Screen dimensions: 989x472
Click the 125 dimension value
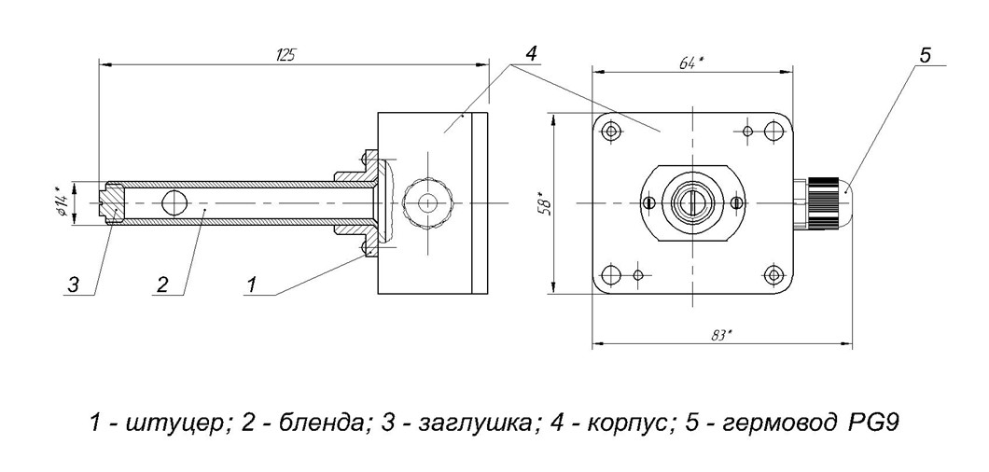click(x=286, y=55)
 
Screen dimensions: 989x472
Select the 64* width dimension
click(x=692, y=63)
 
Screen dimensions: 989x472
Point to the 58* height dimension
click(x=547, y=204)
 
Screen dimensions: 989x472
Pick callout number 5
click(x=924, y=56)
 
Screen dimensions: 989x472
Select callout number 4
click(x=531, y=54)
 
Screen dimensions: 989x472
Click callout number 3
click(x=74, y=285)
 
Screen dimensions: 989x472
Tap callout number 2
click(x=162, y=285)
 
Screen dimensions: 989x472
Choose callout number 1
click(x=252, y=285)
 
